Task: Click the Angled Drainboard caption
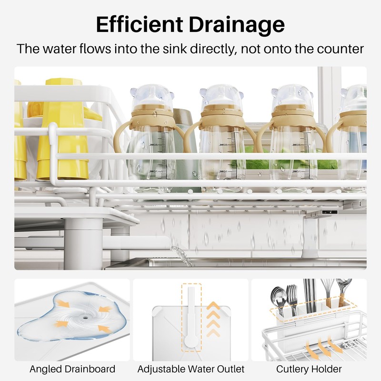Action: point(72,369)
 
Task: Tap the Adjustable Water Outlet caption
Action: point(190,369)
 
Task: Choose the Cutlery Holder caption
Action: point(309,369)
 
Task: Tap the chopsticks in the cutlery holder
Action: point(310,293)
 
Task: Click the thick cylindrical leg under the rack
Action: point(83,243)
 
